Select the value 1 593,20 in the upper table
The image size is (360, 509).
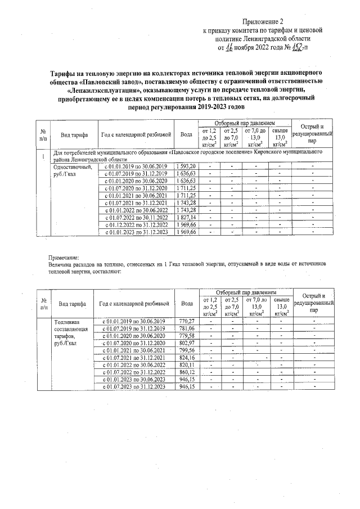pos(186,166)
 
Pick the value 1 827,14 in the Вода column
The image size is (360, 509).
pos(186,217)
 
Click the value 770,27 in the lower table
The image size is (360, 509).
pos(187,321)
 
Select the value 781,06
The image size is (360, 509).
pos(187,328)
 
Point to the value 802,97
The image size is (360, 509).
pos(187,343)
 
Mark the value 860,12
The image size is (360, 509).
pos(187,372)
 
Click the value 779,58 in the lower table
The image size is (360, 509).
pos(187,335)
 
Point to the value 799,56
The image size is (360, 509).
pos(187,350)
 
